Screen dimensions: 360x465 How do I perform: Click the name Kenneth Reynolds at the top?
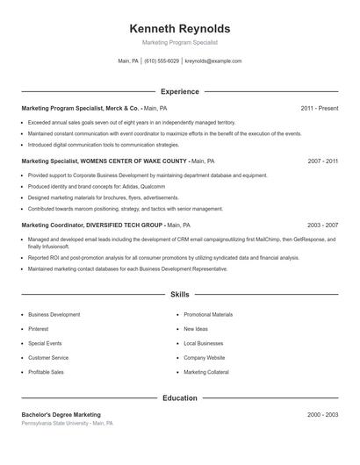[x=179, y=28]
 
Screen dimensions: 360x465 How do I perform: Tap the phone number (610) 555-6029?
[x=161, y=61]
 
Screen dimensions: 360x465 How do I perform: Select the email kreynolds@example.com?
[x=213, y=61]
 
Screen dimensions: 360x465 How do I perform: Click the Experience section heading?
[x=179, y=91]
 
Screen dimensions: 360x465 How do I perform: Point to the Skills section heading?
[x=179, y=295]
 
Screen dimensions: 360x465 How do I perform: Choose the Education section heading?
[x=179, y=397]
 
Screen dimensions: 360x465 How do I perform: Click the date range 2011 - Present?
[x=319, y=108]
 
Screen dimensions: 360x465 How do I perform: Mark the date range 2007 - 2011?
[x=323, y=161]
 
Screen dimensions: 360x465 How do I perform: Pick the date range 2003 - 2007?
[x=323, y=225]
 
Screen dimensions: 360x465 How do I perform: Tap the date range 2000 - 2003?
[x=323, y=414]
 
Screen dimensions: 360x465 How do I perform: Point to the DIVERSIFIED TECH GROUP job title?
[x=96, y=225]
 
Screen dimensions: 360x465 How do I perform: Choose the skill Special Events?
[x=45, y=343]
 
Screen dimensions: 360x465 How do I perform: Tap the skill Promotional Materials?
[x=208, y=314]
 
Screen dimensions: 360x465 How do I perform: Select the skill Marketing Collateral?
[x=206, y=372]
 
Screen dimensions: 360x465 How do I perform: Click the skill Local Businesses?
[x=204, y=343]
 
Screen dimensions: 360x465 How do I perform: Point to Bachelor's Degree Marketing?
[x=61, y=414]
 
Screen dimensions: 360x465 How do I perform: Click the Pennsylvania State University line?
[x=67, y=423]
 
